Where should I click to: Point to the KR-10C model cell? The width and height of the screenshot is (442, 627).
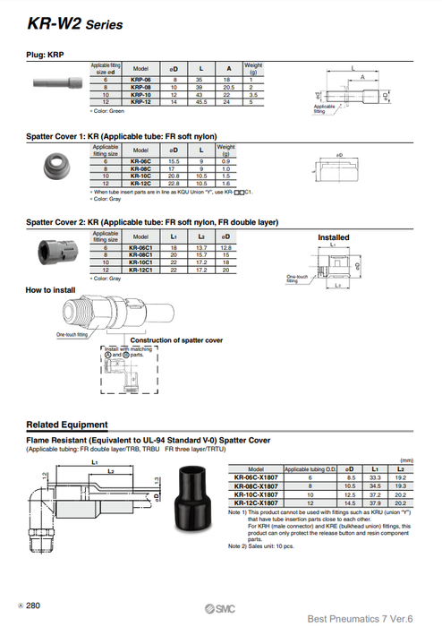pos(140,176)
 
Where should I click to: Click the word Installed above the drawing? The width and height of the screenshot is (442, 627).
pos(334,237)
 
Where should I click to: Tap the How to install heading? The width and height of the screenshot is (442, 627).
pos(51,290)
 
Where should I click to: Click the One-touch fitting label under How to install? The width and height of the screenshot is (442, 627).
pos(72,334)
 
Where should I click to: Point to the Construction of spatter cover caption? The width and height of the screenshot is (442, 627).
pos(176,340)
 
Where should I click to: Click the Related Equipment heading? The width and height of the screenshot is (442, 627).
pos(67,425)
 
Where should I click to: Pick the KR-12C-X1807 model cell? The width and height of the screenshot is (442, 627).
pos(255,502)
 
